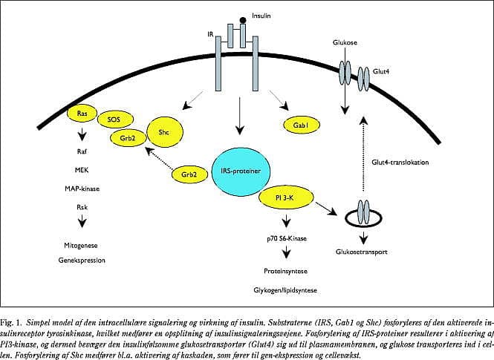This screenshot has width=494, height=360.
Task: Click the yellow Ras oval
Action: click(x=82, y=112)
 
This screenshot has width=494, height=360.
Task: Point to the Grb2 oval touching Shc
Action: click(x=127, y=137)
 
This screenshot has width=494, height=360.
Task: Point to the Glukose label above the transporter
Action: click(x=345, y=43)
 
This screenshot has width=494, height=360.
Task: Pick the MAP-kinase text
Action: click(x=83, y=188)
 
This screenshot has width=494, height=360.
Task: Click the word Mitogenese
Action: click(x=81, y=244)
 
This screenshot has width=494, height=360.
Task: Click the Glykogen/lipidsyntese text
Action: click(x=283, y=292)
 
